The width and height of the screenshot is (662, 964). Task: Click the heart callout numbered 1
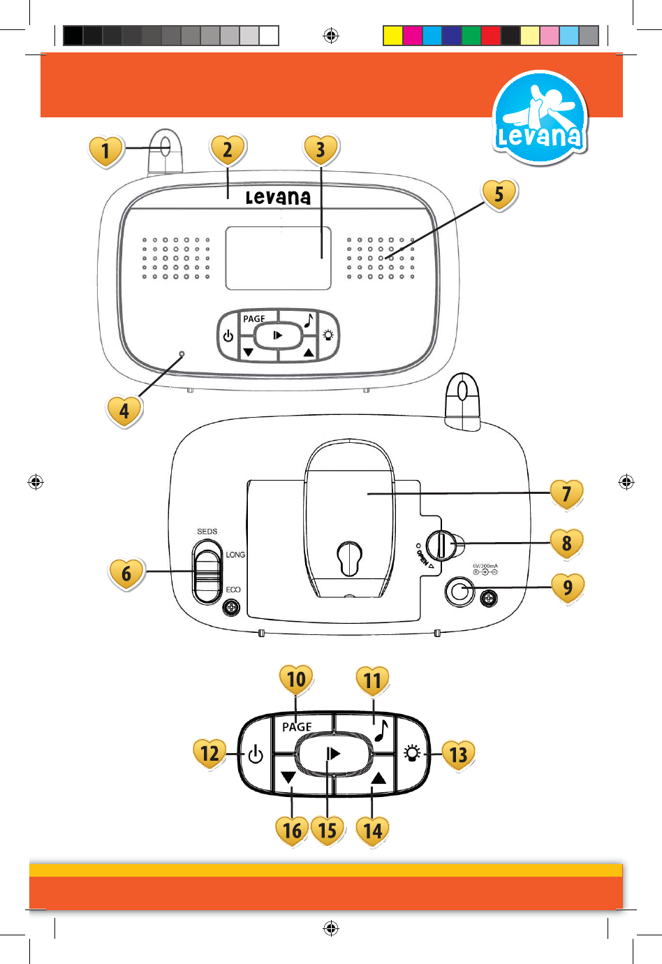(105, 150)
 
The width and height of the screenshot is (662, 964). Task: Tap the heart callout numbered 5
(499, 194)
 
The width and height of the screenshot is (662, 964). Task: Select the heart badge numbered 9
(567, 587)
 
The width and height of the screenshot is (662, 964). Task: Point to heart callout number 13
(458, 754)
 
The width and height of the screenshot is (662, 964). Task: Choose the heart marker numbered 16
(292, 830)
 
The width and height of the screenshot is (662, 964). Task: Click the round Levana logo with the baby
(540, 119)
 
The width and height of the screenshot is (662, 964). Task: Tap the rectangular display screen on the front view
(278, 258)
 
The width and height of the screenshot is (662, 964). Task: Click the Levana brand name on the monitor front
(278, 198)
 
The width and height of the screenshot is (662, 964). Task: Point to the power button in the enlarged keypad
(256, 754)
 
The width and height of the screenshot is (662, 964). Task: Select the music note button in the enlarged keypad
(381, 731)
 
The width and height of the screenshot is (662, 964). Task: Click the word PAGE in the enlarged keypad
(297, 727)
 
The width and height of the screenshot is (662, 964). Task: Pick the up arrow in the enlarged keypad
(378, 778)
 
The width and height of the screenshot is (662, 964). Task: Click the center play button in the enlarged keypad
(333, 754)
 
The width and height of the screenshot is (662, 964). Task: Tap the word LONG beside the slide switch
(235, 555)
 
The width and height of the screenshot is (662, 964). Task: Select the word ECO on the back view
(233, 590)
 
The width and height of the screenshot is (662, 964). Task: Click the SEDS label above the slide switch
(207, 532)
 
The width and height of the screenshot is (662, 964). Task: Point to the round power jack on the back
(459, 592)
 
